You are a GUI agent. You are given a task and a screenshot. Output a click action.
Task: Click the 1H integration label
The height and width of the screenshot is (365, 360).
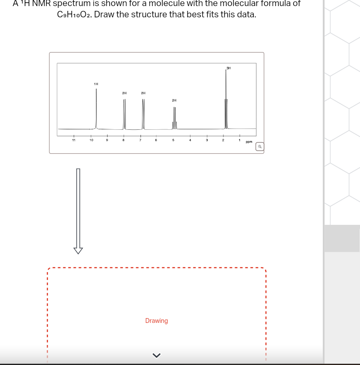pos(96,84)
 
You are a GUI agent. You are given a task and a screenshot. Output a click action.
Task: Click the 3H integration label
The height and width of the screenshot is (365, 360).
pos(229,68)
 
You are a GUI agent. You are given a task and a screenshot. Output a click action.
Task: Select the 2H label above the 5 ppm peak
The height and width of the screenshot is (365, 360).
pos(174,100)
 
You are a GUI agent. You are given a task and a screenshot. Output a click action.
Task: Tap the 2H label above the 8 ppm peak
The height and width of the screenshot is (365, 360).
pos(124,93)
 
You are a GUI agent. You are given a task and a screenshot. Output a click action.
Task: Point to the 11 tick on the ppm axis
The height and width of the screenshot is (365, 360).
pos(74,140)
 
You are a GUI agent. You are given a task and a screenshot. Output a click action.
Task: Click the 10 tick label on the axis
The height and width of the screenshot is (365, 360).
pos(91,140)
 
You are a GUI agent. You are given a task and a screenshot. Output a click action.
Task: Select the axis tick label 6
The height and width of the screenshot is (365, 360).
pos(156,140)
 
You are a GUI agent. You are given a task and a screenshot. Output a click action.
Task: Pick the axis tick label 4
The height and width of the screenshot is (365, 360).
pos(190,140)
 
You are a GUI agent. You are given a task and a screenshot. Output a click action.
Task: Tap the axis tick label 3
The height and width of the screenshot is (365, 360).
pos(207,140)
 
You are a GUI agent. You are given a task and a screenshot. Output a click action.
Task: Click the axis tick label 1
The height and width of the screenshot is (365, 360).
pos(239,140)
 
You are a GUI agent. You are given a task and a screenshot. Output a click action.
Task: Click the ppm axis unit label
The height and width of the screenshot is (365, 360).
pos(249,142)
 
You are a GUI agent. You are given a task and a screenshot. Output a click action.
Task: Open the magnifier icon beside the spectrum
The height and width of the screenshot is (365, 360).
pos(259,147)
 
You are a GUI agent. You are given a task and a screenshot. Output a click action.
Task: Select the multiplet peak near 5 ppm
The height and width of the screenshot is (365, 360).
pos(174,119)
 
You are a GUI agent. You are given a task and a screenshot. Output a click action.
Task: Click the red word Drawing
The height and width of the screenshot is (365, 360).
pos(157,321)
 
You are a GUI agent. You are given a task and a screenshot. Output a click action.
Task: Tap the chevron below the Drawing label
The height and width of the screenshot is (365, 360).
pos(157,355)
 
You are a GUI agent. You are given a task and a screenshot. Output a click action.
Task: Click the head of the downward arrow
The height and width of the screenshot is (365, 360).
pos(78,250)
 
